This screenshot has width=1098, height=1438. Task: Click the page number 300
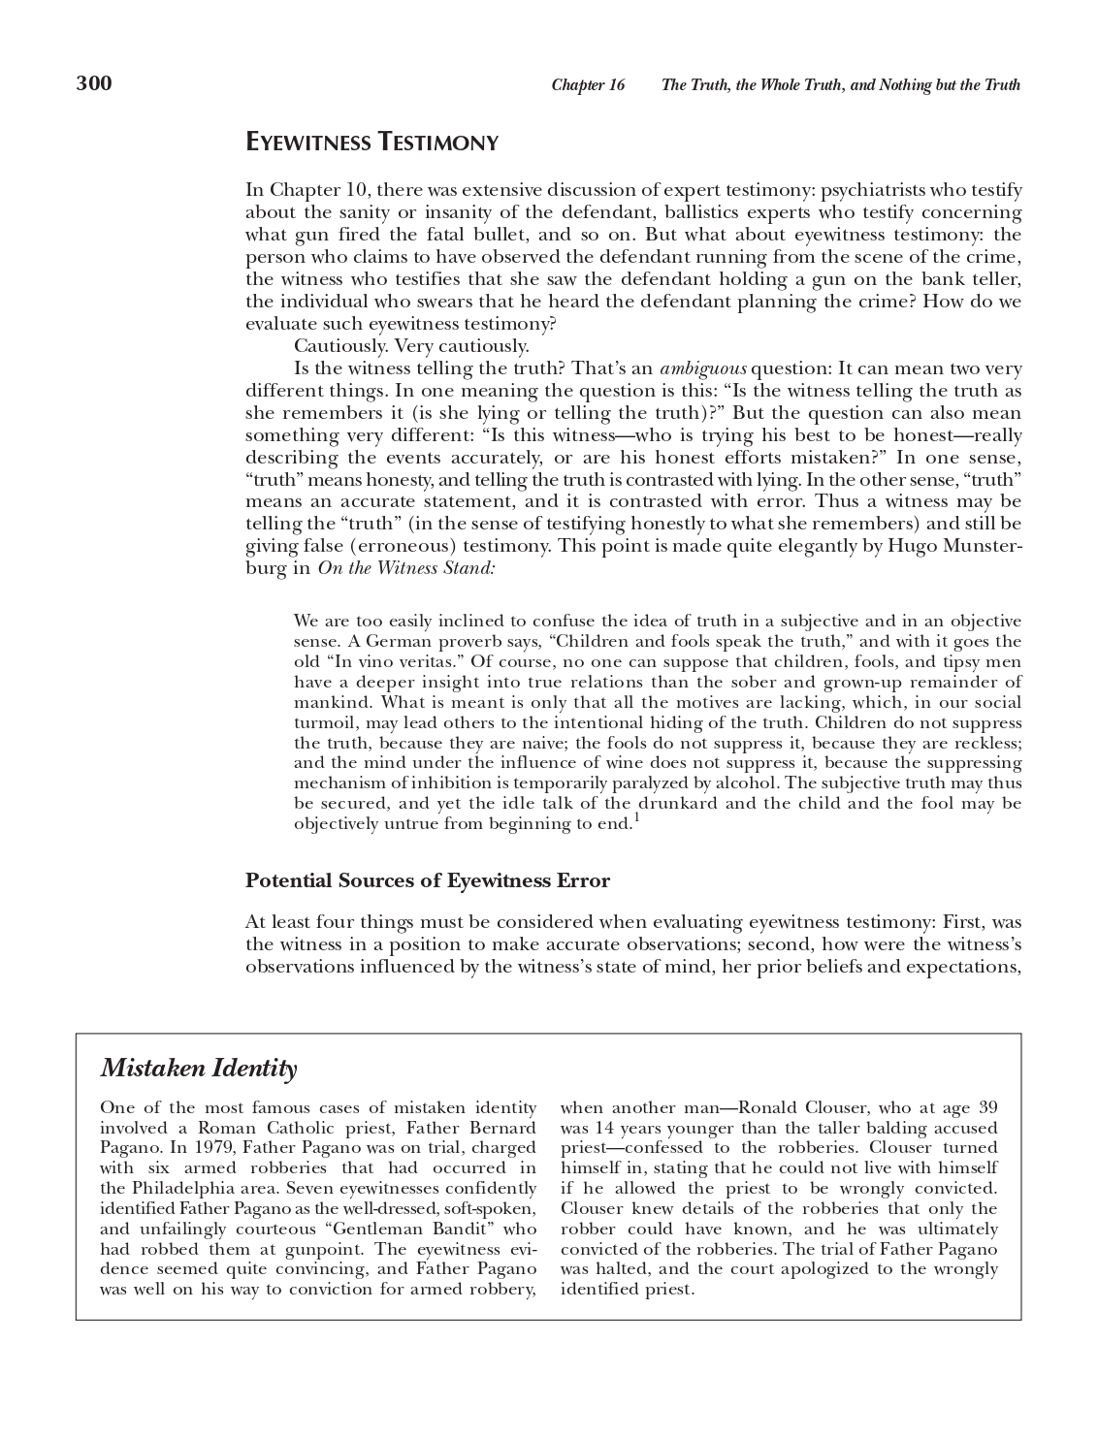[94, 83]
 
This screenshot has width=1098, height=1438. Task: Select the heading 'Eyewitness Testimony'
[371, 144]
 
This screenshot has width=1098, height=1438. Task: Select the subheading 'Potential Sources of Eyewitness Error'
[428, 881]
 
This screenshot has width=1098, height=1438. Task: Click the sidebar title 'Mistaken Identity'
[199, 1069]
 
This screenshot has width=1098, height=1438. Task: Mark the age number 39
[987, 1108]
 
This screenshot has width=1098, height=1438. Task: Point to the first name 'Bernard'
[502, 1129]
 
